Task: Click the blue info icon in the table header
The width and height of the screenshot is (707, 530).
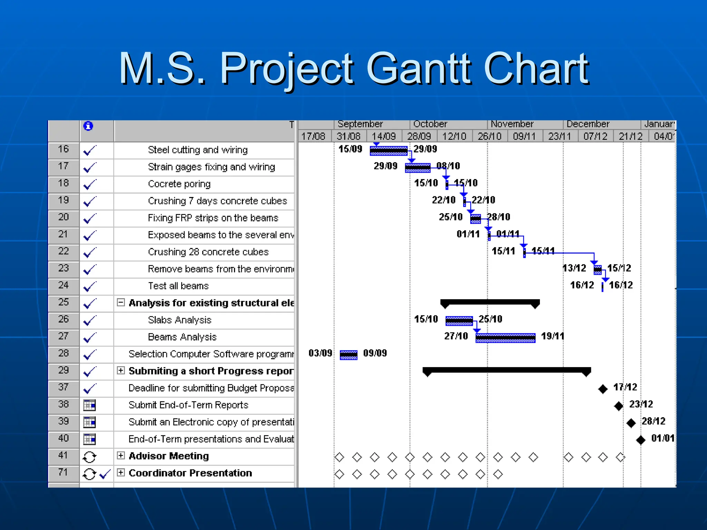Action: [x=88, y=126]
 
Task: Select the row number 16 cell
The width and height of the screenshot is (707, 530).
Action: [x=64, y=149]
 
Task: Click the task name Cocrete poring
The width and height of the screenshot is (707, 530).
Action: [x=179, y=184]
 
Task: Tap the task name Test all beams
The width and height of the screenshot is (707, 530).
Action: [x=178, y=286]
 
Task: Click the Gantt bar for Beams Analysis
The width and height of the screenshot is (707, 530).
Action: [x=505, y=337]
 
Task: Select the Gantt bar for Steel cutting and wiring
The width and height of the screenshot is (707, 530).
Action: [x=388, y=150]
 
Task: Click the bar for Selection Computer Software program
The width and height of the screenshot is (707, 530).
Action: [x=348, y=355]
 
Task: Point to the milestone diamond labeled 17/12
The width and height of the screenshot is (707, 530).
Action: [x=603, y=389]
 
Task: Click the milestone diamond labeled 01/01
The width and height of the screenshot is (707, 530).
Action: [x=641, y=440]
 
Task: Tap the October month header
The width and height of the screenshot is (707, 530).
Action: [x=430, y=124]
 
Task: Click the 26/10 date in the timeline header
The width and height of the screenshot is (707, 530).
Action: [x=489, y=136]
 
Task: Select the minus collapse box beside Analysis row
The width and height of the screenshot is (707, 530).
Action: [x=120, y=303]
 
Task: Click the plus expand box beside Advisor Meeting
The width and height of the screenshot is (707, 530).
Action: [x=120, y=455]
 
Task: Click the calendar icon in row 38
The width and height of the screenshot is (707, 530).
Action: [x=89, y=405]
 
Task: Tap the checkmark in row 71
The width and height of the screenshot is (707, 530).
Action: [x=105, y=474]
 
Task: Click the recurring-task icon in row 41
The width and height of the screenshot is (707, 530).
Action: [x=89, y=457]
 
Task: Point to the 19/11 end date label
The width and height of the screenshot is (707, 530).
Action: [x=552, y=336]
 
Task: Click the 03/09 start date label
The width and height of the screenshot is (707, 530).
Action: [x=320, y=353]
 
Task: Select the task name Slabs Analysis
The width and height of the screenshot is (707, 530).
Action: [x=179, y=320]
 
